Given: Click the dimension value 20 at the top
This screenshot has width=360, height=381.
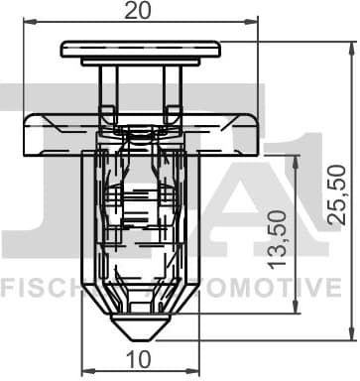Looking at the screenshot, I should (140, 12).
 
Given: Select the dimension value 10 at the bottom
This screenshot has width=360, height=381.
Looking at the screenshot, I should (139, 359).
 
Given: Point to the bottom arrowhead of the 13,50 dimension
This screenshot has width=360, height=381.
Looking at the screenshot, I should (296, 309).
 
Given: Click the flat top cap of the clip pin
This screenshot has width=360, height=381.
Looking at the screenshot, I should (140, 49).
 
